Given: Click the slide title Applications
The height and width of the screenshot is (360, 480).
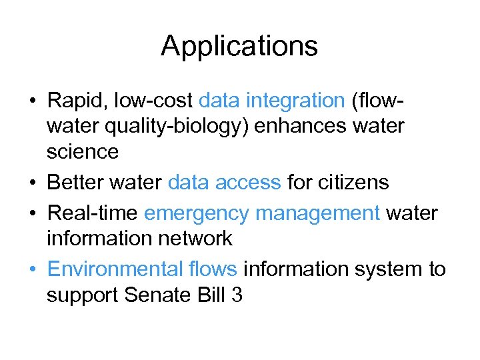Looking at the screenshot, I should [x=239, y=47].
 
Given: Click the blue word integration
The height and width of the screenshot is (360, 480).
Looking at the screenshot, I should [x=295, y=101].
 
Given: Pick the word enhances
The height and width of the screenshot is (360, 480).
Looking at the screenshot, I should [x=305, y=126].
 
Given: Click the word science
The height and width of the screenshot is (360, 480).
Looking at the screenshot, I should [x=83, y=152].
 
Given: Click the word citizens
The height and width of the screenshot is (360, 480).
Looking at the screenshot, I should [x=347, y=182].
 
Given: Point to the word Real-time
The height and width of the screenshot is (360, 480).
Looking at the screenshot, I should [x=93, y=213].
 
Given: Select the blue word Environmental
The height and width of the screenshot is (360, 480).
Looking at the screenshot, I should [x=113, y=269].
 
